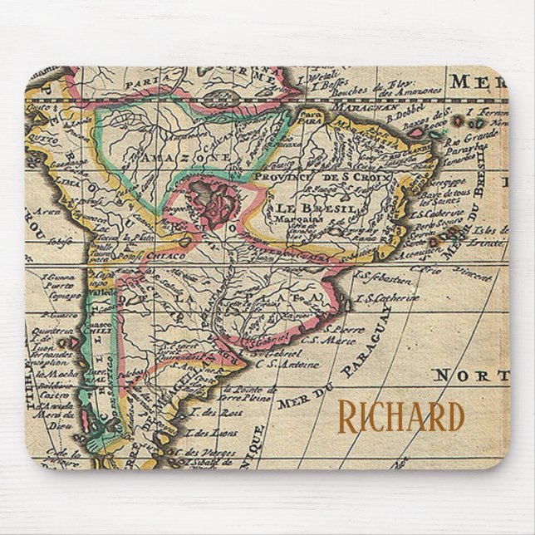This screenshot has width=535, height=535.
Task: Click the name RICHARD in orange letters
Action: [400, 418]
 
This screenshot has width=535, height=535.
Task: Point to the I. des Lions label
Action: [208, 432]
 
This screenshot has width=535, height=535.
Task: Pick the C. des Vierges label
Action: [205, 451]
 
